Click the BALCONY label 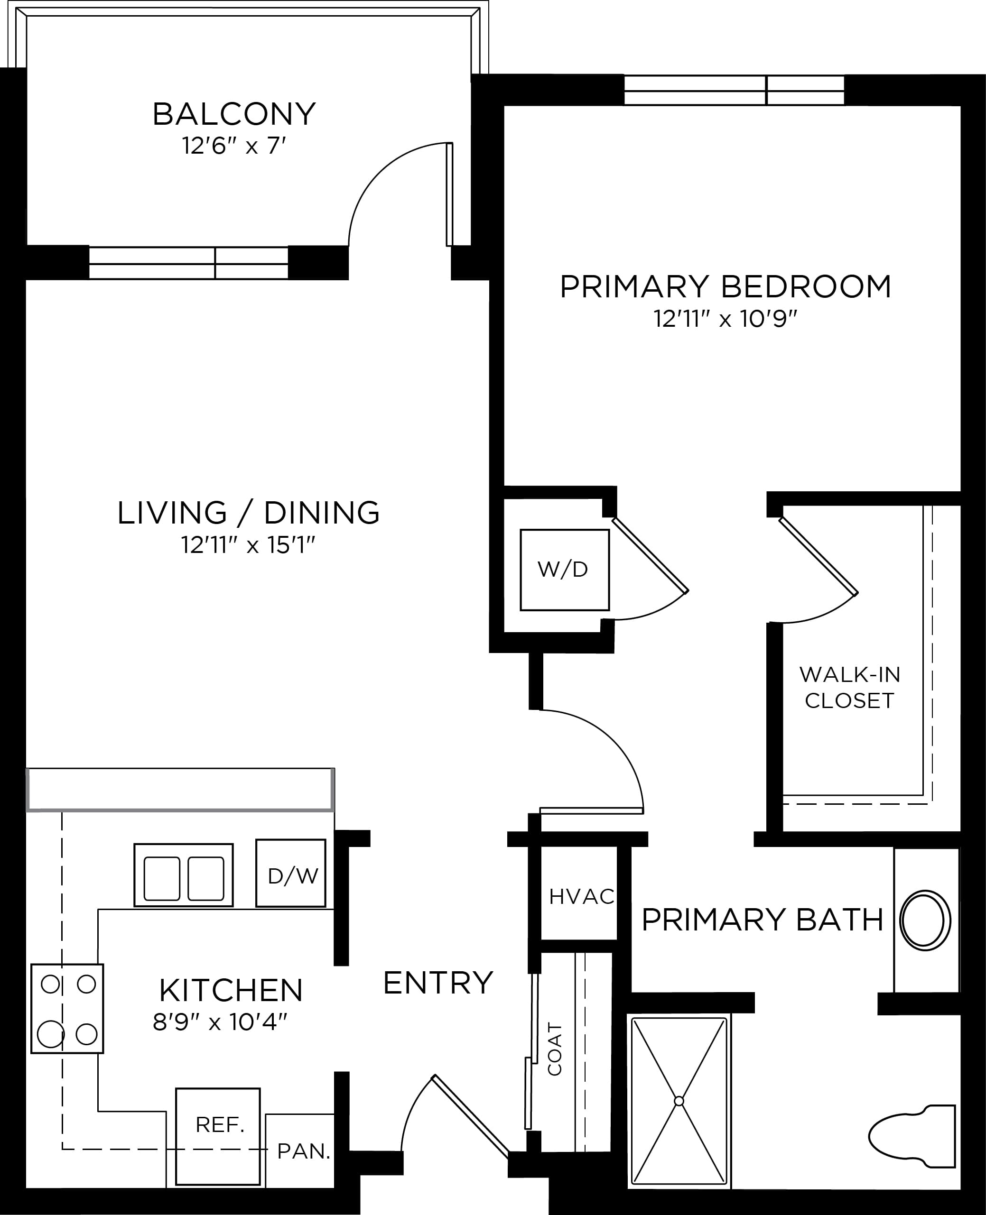[234, 114]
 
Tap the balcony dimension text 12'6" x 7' [233, 146]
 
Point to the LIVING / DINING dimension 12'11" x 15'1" [248, 545]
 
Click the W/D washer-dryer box [565, 570]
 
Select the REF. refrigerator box [218, 1137]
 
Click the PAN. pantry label [304, 1151]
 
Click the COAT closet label [554, 1049]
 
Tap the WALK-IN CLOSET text [850, 688]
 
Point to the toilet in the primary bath [912, 1135]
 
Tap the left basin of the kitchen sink [162, 878]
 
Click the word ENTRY [438, 983]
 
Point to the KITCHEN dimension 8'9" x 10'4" [220, 1022]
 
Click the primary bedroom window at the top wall [734, 90]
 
